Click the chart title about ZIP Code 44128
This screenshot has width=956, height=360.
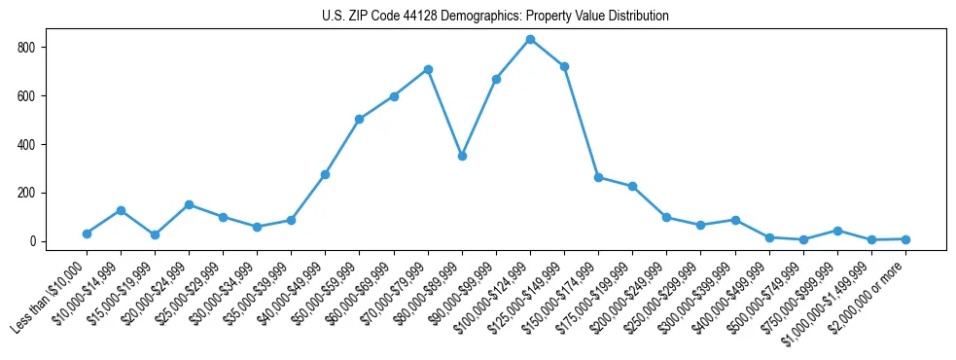point(495,17)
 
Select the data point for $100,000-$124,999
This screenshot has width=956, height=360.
point(530,39)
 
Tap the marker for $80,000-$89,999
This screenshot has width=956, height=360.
point(462,156)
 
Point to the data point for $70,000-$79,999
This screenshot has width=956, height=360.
point(428,69)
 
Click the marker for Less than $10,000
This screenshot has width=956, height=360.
point(87,234)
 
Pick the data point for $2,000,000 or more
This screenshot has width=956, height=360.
point(905,239)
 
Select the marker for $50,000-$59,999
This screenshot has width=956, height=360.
point(360,119)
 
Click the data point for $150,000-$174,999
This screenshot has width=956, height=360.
point(598,177)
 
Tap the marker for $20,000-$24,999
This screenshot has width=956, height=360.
point(189,204)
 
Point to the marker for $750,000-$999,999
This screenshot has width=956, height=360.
point(837,231)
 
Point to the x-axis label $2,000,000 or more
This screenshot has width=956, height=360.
point(870,298)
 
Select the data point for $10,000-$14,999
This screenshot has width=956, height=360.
point(121,210)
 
